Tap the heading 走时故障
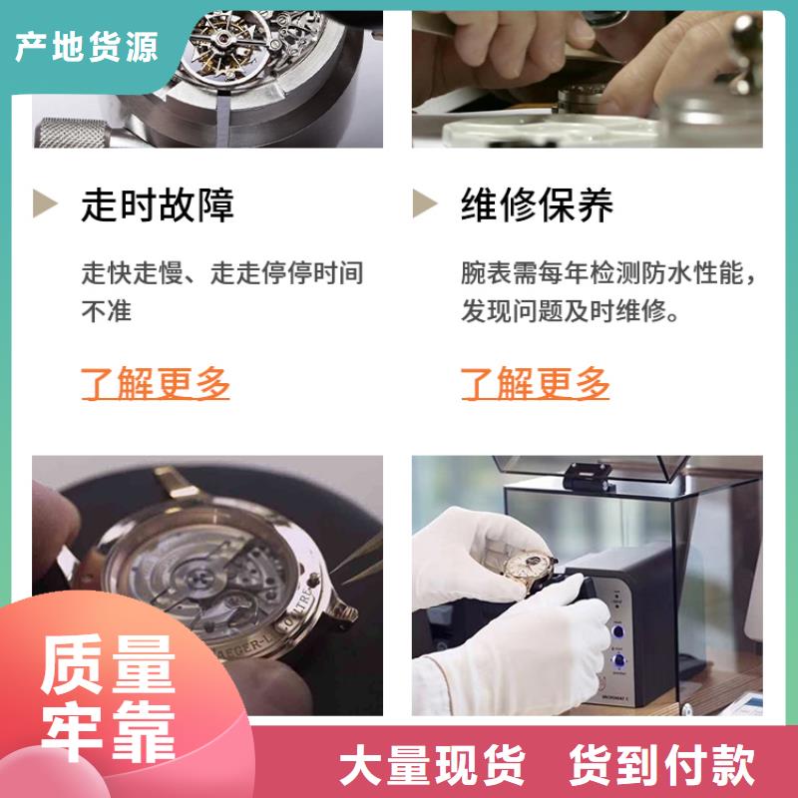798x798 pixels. point(158,204)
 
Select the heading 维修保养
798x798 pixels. point(538,204)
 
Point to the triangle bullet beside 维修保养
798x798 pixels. point(426,202)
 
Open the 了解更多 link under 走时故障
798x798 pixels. point(156,383)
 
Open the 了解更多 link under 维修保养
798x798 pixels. point(536,383)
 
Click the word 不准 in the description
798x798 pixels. point(107,310)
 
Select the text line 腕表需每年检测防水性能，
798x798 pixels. point(608,272)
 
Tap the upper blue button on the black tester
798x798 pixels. point(618,630)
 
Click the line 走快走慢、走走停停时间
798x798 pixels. point(222,272)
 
